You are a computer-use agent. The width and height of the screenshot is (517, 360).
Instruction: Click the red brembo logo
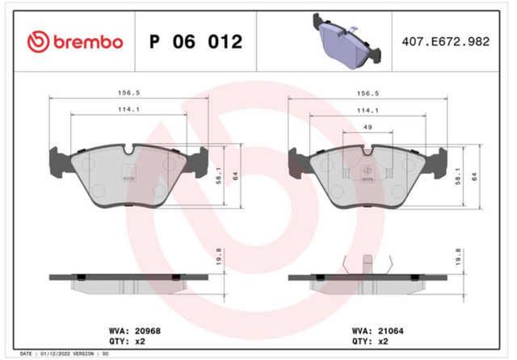coord(75,42)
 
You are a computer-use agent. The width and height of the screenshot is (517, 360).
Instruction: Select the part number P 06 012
coord(195,41)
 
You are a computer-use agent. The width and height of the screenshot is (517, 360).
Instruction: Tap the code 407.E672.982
coord(445,41)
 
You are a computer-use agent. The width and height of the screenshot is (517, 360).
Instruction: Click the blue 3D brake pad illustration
coord(347,41)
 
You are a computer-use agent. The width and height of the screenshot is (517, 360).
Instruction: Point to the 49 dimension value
coord(368,127)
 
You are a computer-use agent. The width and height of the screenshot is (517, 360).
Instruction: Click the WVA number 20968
coord(147,331)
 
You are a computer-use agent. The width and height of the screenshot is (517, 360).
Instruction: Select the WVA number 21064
coord(390,331)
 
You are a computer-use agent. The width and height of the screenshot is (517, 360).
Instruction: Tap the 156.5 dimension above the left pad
coord(129,93)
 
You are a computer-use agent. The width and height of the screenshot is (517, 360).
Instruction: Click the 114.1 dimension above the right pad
coord(368,111)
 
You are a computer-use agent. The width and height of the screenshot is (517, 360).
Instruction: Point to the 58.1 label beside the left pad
coord(219,175)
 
